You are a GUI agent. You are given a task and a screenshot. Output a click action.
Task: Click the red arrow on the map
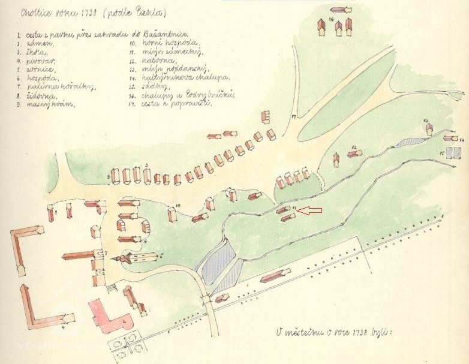(x=311, y=210)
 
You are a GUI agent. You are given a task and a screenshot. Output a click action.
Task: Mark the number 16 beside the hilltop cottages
(x=330, y=20)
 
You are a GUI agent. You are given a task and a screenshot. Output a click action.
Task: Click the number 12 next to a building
(x=355, y=147)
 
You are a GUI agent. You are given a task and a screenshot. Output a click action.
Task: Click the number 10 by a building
(x=178, y=205)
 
